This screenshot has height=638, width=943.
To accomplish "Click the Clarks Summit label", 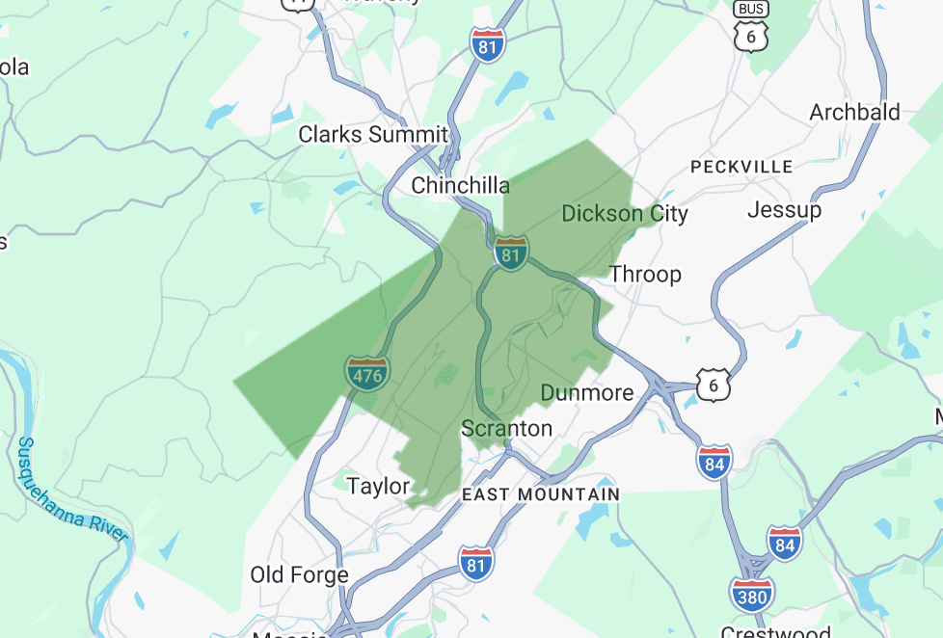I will pos(373,135).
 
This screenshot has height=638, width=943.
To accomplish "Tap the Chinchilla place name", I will pos(461,185).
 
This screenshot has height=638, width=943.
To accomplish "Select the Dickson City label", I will pos(625,213).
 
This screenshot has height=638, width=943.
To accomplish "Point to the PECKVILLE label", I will pos(741,167).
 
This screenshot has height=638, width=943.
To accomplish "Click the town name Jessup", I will pos(784,209).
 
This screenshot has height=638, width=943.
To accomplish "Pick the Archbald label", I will pos(854,112).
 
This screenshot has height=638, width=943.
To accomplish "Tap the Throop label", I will pos(645,274).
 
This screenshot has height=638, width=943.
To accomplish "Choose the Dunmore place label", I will pos(587,392).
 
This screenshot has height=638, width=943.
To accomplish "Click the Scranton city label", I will pos(507,428).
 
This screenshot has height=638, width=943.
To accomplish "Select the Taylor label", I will pos(378,487).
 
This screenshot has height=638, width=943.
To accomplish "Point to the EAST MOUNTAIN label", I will pos(541,494).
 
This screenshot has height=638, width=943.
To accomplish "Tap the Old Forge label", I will pos(299,575).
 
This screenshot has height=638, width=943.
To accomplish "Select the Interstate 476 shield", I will pos(366,373).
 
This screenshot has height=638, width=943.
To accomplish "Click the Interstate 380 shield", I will pos(751,596).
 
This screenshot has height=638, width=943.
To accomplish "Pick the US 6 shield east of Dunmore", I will pos(714,385).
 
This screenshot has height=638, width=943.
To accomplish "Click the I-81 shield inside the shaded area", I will pos(511,253).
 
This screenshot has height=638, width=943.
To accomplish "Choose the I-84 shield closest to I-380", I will pos(785,544).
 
